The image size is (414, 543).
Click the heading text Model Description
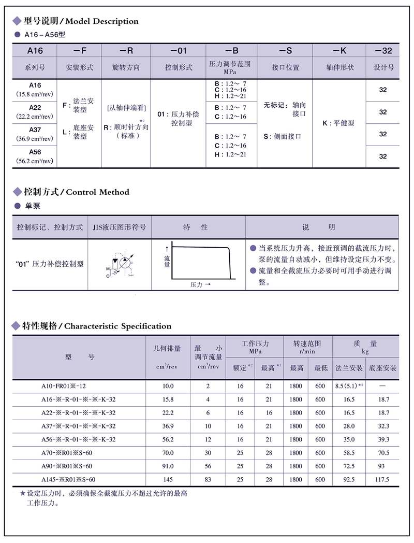click(x=102, y=21)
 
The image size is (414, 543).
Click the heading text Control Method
click(x=98, y=192)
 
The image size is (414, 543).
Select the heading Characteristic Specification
click(x=117, y=326)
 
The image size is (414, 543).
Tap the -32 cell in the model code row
click(x=383, y=51)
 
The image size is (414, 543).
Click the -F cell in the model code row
click(x=80, y=51)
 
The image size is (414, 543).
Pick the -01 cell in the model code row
click(x=178, y=51)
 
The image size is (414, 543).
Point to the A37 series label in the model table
click(x=35, y=130)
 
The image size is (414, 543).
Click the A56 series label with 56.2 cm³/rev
click(x=35, y=152)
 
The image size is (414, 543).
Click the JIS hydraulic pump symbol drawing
click(x=119, y=264)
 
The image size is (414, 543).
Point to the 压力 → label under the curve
click(x=200, y=284)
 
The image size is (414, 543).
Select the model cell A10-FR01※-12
click(x=64, y=386)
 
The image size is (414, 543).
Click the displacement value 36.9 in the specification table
click(x=168, y=426)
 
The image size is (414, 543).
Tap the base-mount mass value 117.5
click(x=382, y=479)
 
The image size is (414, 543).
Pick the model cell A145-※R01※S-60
click(x=68, y=479)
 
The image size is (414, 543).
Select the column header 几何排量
click(x=168, y=348)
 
